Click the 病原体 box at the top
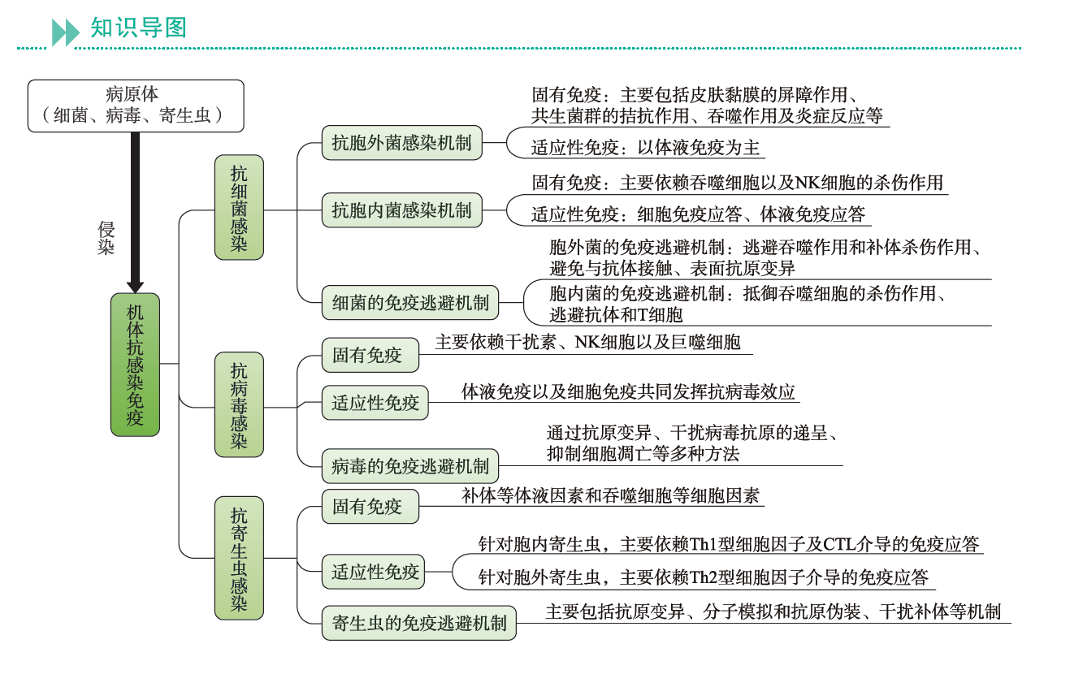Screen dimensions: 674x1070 click(x=136, y=106)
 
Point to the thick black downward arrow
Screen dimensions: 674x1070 click(x=136, y=211)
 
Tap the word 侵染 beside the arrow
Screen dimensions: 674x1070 click(x=106, y=238)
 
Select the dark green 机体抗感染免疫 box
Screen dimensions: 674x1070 click(x=135, y=365)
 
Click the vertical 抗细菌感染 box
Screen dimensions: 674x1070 click(x=239, y=208)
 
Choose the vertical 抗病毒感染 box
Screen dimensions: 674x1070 click(x=239, y=404)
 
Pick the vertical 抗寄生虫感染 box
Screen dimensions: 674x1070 click(x=239, y=559)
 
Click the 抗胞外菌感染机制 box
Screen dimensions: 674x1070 click(x=401, y=143)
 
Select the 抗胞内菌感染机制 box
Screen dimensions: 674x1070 click(x=401, y=210)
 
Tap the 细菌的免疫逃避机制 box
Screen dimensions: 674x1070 click(x=410, y=303)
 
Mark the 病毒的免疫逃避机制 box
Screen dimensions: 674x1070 click(x=410, y=466)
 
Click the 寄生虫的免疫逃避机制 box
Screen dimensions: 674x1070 click(x=419, y=623)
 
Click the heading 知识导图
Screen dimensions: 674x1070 click(x=138, y=28)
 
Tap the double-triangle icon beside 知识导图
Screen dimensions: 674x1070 click(x=66, y=32)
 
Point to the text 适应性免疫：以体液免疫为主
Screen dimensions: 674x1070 click(x=646, y=148)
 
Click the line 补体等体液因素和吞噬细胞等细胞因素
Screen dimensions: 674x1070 click(x=610, y=495)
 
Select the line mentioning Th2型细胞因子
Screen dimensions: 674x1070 click(x=703, y=577)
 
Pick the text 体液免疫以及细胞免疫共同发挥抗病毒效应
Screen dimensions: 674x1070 click(x=628, y=391)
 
